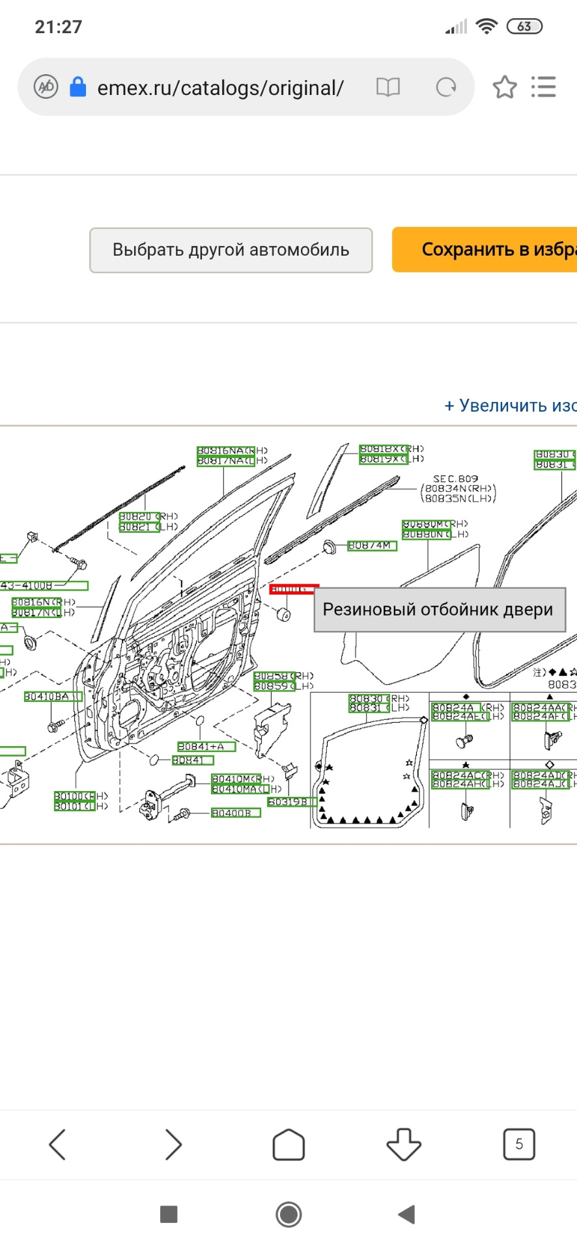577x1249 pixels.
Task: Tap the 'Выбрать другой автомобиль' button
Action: point(231,250)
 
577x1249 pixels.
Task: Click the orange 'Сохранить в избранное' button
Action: point(485,250)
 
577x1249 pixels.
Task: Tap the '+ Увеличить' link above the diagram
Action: point(510,406)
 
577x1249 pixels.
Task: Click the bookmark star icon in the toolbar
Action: point(505,87)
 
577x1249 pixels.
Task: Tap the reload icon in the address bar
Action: point(446,87)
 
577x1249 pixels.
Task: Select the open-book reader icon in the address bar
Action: point(388,87)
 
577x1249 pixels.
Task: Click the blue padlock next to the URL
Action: point(77,87)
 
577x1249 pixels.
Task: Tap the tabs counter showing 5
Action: point(519,1144)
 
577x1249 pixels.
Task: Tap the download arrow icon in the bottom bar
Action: point(404,1144)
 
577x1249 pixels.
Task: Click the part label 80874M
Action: point(372,546)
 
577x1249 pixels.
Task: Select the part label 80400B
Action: point(236,813)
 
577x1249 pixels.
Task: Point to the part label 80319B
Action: point(292,802)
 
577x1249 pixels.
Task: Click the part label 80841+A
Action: point(206,747)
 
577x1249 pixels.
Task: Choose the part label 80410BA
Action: point(53,697)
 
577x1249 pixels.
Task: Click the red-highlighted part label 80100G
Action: point(293,589)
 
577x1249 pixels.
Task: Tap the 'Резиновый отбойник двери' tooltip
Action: point(439,610)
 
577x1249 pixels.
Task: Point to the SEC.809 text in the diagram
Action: point(455,479)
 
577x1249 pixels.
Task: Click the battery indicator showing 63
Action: point(524,27)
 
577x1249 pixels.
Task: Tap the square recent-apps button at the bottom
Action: point(169,1214)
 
